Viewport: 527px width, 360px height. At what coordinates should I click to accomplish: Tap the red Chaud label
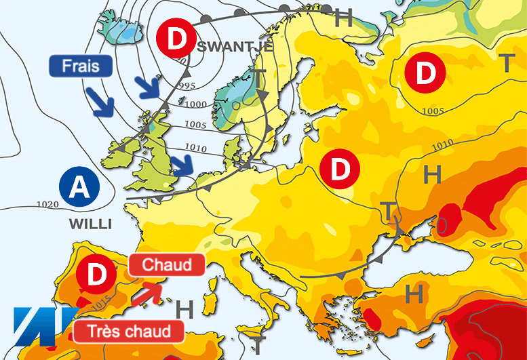coord(167,264)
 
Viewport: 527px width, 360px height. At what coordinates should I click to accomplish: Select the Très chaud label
coord(130,331)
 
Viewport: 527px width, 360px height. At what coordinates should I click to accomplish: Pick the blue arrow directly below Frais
coord(102,102)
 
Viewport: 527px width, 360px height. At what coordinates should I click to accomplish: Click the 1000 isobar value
coord(197,104)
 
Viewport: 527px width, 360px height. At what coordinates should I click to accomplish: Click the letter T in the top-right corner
coord(507,63)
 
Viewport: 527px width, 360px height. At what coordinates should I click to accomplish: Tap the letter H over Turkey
coord(414,294)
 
